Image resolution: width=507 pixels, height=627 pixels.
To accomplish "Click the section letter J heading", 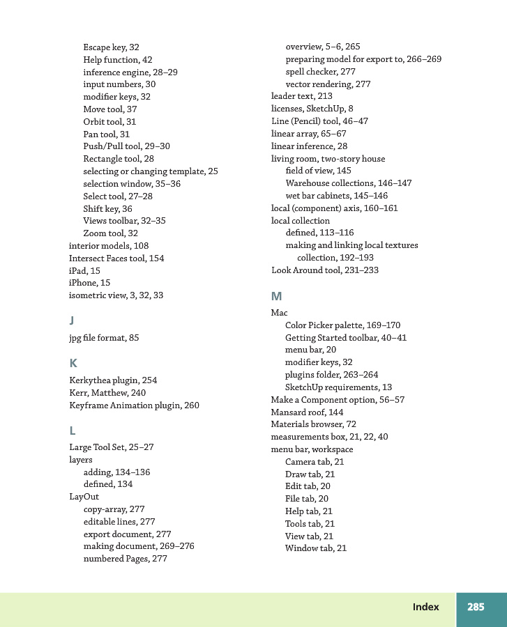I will coord(72,320).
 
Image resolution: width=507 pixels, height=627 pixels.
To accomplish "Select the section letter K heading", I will coord(73,363).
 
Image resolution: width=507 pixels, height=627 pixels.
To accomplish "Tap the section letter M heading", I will coord(276,296).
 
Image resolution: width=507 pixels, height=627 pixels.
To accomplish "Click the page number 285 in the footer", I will coord(476,607).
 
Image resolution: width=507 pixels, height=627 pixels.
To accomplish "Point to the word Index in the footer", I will coord(425,607).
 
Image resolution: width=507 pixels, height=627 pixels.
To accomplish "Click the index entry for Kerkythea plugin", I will coord(113,380).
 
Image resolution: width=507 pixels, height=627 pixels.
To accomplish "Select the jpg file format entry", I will coord(104,338).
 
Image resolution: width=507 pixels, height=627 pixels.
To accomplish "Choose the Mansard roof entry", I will coord(307,412).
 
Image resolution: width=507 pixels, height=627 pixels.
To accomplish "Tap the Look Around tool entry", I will coord(324,270).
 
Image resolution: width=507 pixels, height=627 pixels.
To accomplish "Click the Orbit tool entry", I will coord(109,122).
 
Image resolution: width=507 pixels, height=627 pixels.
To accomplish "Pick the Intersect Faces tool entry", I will coord(116,258).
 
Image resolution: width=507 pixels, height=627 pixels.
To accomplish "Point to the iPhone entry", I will coord(89,283).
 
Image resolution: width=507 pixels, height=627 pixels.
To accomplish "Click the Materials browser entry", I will coord(313,424).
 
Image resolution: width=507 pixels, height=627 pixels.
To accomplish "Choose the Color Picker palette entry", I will coord(342,325).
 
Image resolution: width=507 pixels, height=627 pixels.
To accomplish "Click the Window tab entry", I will coord(315,548).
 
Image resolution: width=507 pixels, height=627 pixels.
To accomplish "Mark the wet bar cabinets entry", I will coord(336,196).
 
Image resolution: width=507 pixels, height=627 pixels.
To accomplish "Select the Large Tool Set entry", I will coord(111,447).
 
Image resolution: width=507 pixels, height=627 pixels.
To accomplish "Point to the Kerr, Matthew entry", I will coord(107,393).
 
